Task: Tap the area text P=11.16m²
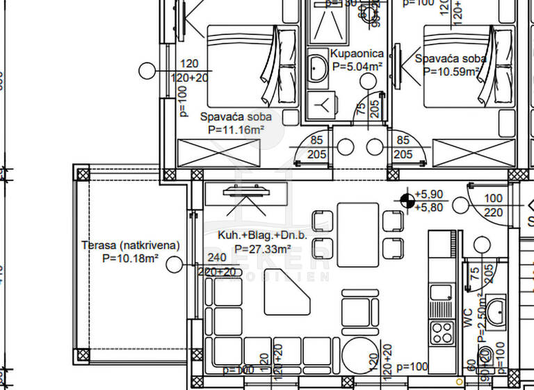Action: point(236,130)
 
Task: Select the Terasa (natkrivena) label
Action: point(131,245)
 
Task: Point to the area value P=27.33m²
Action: point(262,249)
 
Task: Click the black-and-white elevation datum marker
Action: point(405,201)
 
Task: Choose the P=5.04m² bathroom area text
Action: point(357,67)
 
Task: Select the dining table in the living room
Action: point(358,234)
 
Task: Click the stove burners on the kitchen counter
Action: point(441,332)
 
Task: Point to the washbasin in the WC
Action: point(496,311)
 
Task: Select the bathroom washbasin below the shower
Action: point(319,68)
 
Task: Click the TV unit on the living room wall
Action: point(247,193)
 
